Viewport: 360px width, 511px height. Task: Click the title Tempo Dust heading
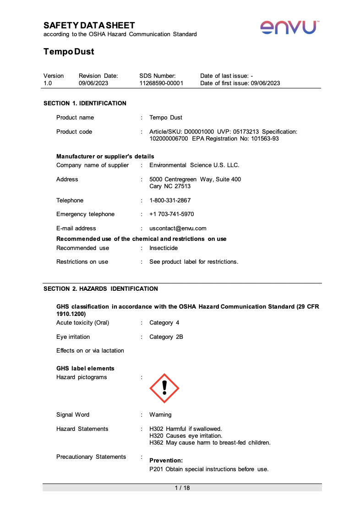point(69,52)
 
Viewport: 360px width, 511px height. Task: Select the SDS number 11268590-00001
point(161,83)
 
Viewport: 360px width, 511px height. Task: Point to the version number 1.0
point(48,83)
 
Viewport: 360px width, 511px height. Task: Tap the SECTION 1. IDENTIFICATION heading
point(85,103)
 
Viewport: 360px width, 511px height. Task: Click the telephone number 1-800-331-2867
point(170,201)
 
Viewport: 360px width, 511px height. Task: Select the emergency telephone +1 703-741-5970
point(171,214)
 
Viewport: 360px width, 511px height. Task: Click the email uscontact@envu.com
point(178,228)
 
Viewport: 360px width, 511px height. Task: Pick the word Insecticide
point(164,248)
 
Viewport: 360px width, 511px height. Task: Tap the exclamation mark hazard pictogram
point(164,388)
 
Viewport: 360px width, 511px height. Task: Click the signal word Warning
point(160,415)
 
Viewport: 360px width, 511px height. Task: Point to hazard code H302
point(157,429)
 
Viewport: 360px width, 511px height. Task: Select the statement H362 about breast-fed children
point(210,443)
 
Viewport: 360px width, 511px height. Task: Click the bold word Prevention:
point(166,460)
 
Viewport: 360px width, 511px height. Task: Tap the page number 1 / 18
point(182,488)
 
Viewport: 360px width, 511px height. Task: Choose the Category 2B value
point(166,337)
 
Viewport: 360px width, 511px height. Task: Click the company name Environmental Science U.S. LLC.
point(194,165)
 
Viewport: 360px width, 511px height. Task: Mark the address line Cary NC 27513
point(170,186)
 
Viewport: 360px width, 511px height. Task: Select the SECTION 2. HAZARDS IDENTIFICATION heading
point(100,289)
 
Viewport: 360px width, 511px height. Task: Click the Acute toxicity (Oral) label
point(83,323)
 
